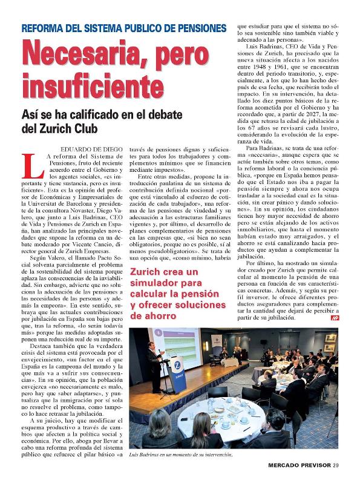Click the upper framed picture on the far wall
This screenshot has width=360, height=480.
[330, 338]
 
